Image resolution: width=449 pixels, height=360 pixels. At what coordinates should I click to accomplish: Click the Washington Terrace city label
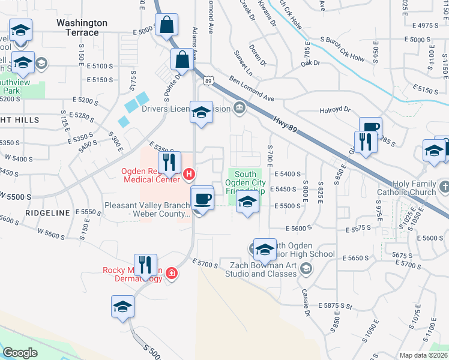pos(82,28)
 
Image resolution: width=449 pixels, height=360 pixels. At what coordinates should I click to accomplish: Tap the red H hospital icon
pos(189,175)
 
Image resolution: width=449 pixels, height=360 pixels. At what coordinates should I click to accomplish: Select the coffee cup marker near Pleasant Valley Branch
pos(202,198)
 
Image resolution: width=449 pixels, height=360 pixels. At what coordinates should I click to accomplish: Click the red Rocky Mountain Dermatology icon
pos(172,274)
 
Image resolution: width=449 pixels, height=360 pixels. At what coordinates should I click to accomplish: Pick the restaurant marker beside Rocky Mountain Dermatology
pos(145,264)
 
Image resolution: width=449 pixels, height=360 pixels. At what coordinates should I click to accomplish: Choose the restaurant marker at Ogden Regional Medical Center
pos(169,162)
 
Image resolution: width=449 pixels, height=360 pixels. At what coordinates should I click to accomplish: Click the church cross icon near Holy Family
pos(444,187)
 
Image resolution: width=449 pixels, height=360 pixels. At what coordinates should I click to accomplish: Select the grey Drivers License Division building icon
pos(240,108)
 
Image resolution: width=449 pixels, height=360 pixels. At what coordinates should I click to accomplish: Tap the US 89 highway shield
pos(208,80)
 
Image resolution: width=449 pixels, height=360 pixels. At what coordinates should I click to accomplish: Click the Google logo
pos(20,353)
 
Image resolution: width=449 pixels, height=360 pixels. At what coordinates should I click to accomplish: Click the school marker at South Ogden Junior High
pos(264,248)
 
